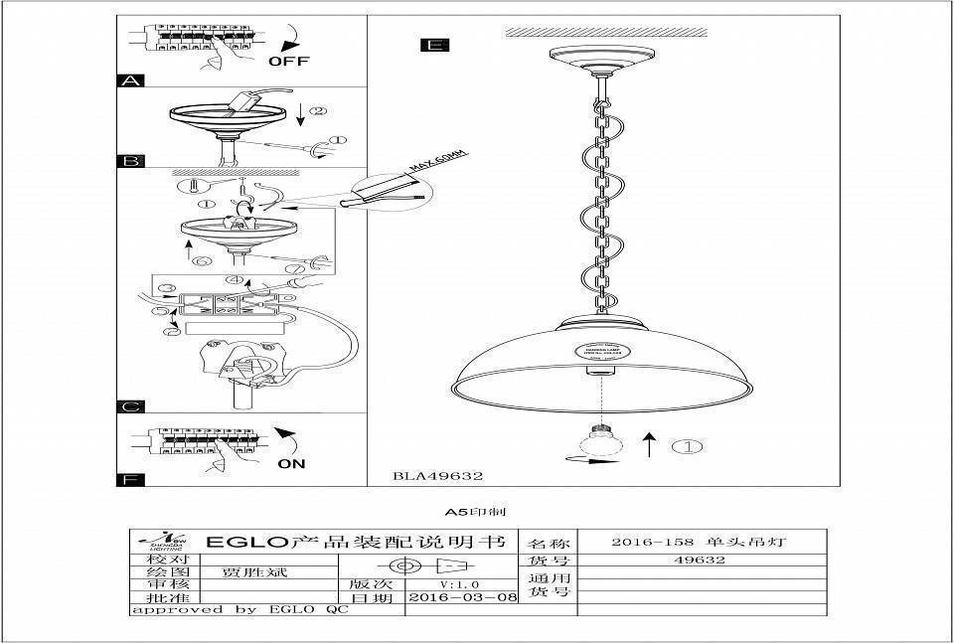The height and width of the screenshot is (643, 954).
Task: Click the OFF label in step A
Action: click(x=289, y=61)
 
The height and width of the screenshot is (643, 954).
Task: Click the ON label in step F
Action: click(x=291, y=463)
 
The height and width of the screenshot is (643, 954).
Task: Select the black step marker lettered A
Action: click(x=131, y=80)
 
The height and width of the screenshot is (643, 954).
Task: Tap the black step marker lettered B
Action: click(x=131, y=160)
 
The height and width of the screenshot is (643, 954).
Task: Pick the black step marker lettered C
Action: click(x=131, y=406)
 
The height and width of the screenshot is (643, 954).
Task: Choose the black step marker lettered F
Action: click(x=131, y=480)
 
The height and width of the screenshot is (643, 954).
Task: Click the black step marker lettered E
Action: click(x=434, y=45)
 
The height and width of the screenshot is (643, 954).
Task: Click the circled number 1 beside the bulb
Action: click(x=687, y=446)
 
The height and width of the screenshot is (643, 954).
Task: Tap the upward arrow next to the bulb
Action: click(x=648, y=444)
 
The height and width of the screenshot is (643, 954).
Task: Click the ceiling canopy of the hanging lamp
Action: click(x=599, y=59)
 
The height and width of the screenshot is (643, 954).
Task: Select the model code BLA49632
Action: click(x=438, y=476)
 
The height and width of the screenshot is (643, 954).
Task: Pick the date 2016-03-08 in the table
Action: click(x=463, y=598)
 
